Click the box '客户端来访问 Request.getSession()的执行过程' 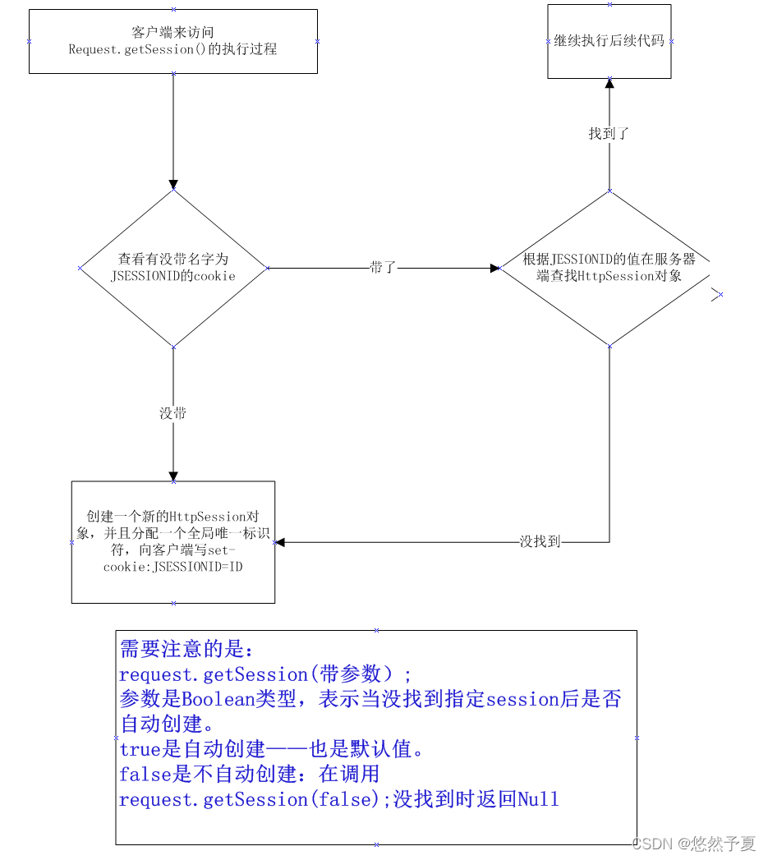pyautogui.click(x=172, y=41)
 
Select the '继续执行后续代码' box pyautogui.click(x=609, y=40)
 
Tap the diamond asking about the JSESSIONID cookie pyautogui.click(x=172, y=269)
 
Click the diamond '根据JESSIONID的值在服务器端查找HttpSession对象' pyautogui.click(x=609, y=268)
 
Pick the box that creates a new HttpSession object pyautogui.click(x=172, y=542)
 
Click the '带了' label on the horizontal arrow pyautogui.click(x=383, y=268)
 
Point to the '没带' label pyautogui.click(x=172, y=413)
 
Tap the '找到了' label pyautogui.click(x=609, y=133)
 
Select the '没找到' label pyautogui.click(x=540, y=542)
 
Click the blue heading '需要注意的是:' pyautogui.click(x=187, y=650)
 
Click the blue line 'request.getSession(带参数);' pyautogui.click(x=264, y=674)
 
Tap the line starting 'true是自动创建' pyautogui.click(x=271, y=749)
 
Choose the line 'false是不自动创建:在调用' pyautogui.click(x=249, y=774)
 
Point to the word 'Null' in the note pyautogui.click(x=538, y=799)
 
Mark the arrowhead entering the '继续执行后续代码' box pyautogui.click(x=609, y=83)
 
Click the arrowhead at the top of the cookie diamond pyautogui.click(x=172, y=185)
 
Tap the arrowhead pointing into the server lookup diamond pyautogui.click(x=495, y=268)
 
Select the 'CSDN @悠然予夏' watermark pyautogui.click(x=695, y=844)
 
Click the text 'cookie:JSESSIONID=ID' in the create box pyautogui.click(x=172, y=567)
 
